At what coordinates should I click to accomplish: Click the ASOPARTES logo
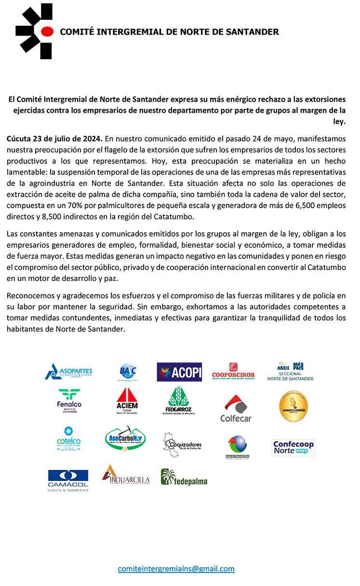click(x=68, y=372)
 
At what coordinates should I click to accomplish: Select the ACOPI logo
click(x=179, y=372)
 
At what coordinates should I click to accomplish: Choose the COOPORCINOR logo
click(x=233, y=372)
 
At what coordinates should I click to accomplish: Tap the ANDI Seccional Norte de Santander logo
click(x=290, y=372)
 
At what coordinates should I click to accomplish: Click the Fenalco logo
click(x=69, y=401)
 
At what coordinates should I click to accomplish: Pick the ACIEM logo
click(x=127, y=401)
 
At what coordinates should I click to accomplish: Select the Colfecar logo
click(x=236, y=408)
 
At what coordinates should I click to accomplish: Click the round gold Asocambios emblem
click(x=293, y=406)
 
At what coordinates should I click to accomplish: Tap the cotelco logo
click(x=68, y=438)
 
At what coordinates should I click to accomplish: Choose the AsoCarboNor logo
click(x=125, y=439)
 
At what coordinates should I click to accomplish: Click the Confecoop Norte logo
click(x=293, y=447)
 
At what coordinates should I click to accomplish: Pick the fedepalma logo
click(x=184, y=478)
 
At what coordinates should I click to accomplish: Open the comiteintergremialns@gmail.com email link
click(x=176, y=569)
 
